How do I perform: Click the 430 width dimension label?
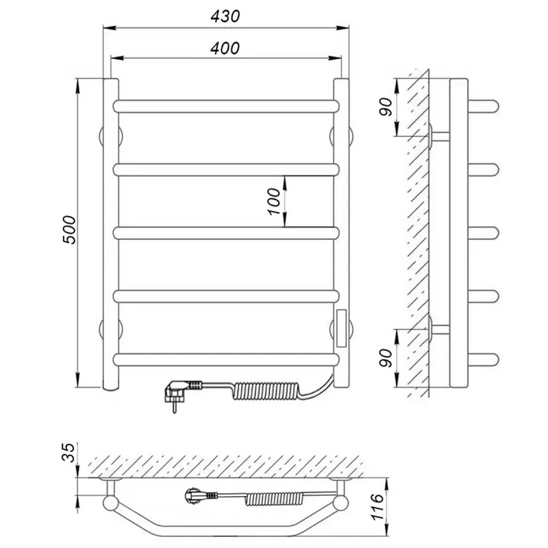pos(225,16)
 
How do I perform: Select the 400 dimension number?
pos(225,48)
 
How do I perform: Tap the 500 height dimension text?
pos(69,230)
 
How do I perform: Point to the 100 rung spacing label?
pos(274,201)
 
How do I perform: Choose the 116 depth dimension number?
pos(378,507)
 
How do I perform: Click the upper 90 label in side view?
pos(386,108)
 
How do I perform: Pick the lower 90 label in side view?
pos(386,358)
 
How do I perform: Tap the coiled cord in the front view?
pos(266,390)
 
